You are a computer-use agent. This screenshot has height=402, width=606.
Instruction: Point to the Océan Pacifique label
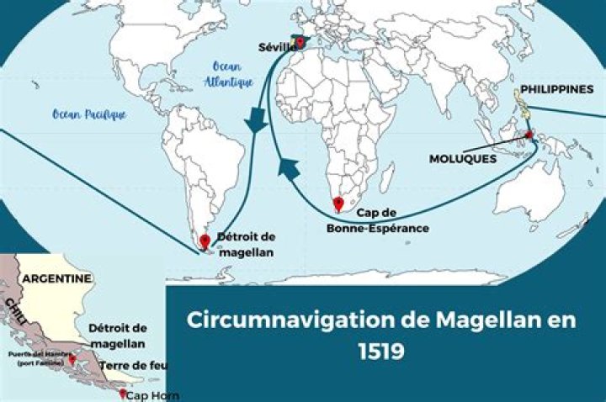(88, 114)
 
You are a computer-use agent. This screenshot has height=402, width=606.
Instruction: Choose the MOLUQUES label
(463, 158)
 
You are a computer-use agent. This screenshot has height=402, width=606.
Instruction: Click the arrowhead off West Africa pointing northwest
(289, 170)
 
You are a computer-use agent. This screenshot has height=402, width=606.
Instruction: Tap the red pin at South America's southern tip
(205, 241)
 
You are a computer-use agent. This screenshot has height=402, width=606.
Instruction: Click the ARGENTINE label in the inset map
(56, 278)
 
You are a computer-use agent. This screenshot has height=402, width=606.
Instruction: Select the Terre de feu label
(133, 366)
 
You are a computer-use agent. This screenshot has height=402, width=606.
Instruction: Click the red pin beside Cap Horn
(122, 393)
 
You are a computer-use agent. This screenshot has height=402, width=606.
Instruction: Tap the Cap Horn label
(153, 395)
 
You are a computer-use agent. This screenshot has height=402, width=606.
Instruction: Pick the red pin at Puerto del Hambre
(72, 358)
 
